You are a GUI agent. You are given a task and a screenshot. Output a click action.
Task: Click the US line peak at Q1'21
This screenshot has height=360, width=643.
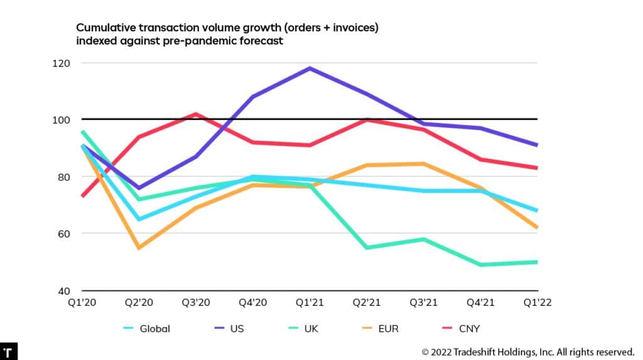pyautogui.click(x=310, y=68)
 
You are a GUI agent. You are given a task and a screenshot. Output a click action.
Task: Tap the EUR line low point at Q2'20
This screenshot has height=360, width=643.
pyautogui.click(x=139, y=248)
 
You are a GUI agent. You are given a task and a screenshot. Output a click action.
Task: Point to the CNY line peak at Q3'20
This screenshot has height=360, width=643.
pyautogui.click(x=196, y=114)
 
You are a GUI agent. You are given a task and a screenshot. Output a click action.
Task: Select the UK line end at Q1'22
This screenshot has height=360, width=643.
pyautogui.click(x=537, y=262)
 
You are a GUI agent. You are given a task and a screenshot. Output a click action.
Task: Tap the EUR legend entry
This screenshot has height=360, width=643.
pyautogui.click(x=387, y=328)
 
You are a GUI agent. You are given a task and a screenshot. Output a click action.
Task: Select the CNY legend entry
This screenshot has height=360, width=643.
pyautogui.click(x=468, y=328)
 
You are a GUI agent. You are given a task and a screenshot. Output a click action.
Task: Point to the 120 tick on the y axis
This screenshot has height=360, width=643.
pyautogui.click(x=62, y=63)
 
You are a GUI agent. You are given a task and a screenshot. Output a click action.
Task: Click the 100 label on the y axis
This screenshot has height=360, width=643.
pyautogui.click(x=62, y=119)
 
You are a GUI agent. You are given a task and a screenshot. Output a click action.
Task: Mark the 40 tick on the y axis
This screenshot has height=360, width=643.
pyautogui.click(x=65, y=291)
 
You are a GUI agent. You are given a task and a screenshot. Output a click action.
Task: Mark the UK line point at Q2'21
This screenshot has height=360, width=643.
pyautogui.click(x=367, y=248)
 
